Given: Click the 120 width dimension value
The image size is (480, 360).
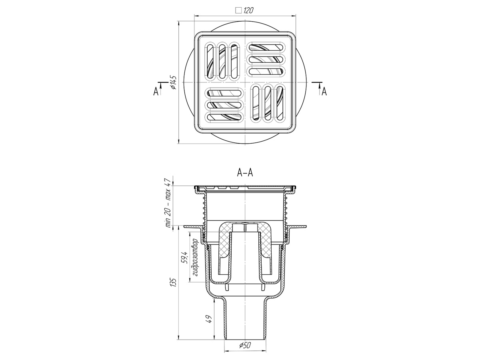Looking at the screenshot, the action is [x=248, y=10].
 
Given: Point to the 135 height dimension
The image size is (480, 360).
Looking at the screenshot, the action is [x=174, y=283].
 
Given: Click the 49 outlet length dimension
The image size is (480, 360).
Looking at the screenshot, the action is [x=209, y=319].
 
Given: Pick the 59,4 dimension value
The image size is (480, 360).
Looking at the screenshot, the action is [x=185, y=258].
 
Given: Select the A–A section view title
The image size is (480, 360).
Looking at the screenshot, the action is [x=245, y=173].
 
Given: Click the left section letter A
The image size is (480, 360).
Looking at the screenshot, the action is [x=156, y=91].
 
